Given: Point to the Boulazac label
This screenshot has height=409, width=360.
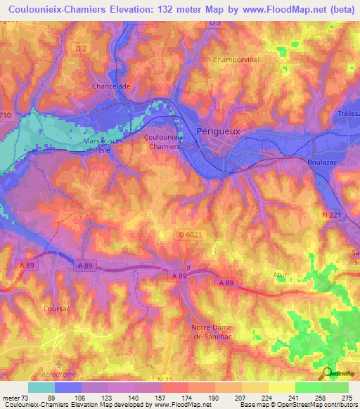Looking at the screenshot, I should (x=323, y=162).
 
